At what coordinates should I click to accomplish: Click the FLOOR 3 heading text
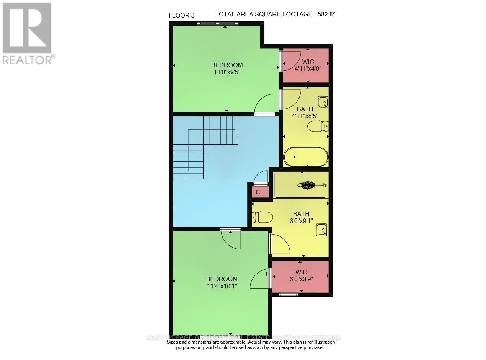coord(181,15)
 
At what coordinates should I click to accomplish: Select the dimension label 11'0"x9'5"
coord(227,72)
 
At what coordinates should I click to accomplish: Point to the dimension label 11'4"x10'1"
coord(222,286)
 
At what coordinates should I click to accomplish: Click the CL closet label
coord(259,192)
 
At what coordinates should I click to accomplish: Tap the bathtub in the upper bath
coord(306,157)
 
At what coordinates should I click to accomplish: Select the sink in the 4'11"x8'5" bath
coord(323,102)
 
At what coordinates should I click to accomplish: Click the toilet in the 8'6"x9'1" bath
coord(262,217)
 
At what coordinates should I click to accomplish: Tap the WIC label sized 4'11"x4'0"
coord(307,65)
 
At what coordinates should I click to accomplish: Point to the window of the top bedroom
coord(217,24)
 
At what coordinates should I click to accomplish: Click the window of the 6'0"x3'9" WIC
coord(289,295)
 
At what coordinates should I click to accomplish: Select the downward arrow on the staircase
coord(188,170)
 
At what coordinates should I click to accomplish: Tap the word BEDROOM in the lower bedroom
coord(222,279)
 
